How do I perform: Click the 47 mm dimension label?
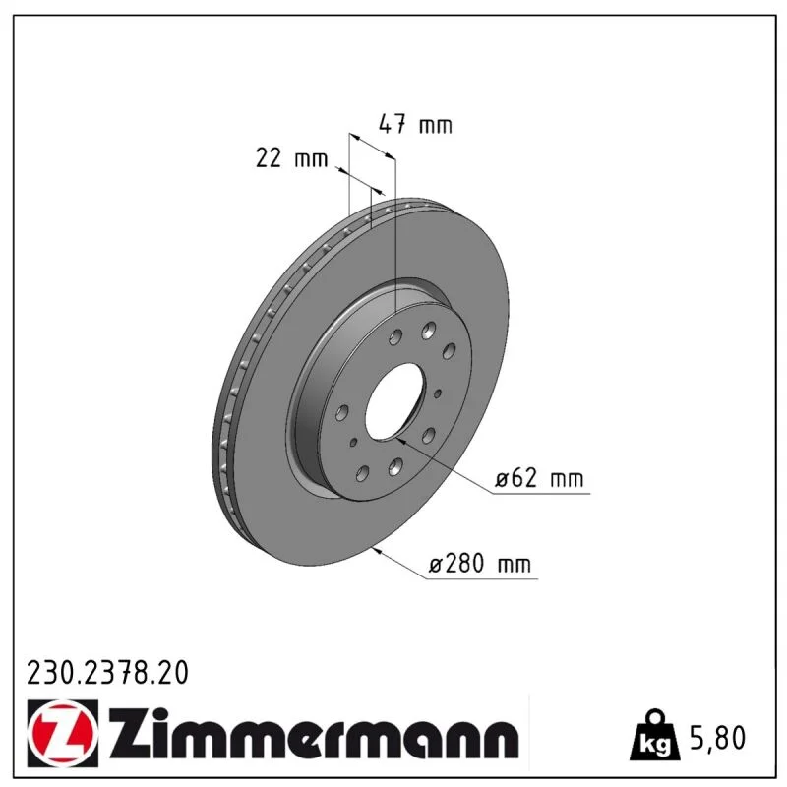(x=415, y=124)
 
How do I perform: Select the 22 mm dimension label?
(x=291, y=157)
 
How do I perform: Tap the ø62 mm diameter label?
(x=539, y=477)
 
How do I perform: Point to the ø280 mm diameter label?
(x=479, y=563)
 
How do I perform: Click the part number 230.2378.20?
(x=107, y=673)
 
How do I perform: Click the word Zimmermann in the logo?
(x=314, y=734)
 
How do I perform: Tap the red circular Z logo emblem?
(x=62, y=733)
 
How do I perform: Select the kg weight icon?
(x=655, y=736)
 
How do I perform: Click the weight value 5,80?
(x=718, y=737)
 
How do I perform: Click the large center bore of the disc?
(x=395, y=401)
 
